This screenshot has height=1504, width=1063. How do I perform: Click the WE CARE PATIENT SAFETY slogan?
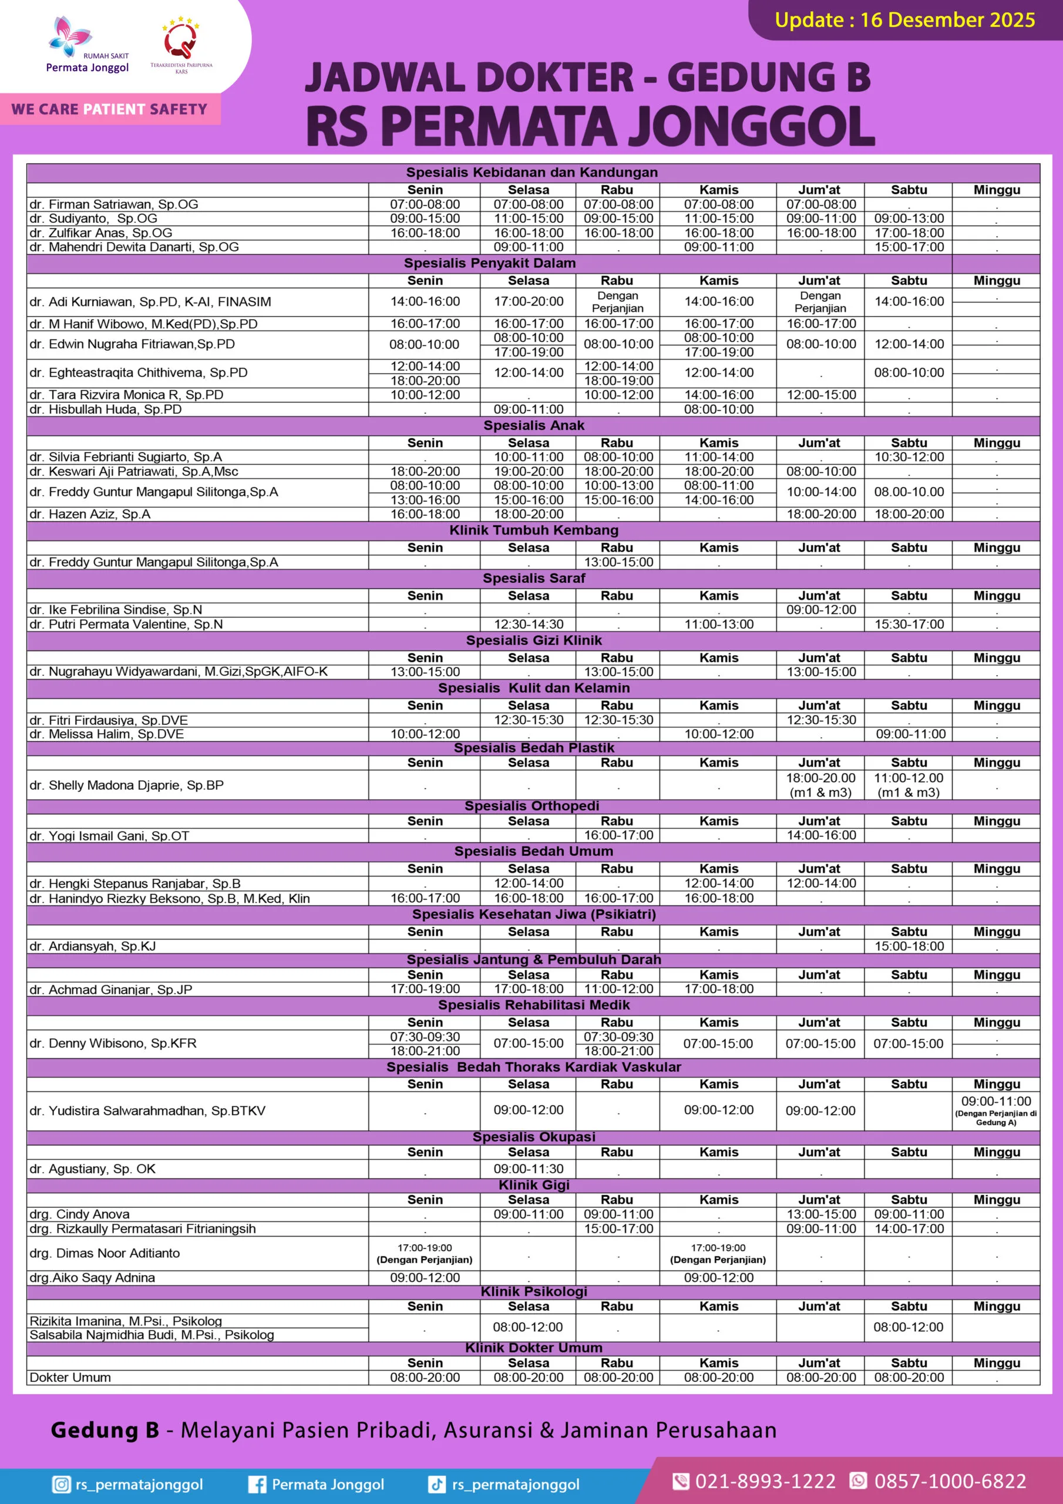point(109,109)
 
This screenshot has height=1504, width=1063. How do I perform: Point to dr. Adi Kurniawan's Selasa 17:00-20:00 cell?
point(528,301)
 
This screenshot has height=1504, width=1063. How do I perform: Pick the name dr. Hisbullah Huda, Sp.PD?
point(106,409)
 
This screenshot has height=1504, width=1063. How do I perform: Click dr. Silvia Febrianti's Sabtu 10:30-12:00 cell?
point(909,457)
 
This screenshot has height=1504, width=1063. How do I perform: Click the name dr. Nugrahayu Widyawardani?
point(178,672)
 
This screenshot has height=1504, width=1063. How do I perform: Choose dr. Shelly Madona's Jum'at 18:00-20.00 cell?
point(820,785)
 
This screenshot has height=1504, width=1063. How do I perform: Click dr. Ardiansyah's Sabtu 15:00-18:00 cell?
point(909,946)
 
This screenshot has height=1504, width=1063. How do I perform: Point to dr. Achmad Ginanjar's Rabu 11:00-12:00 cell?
point(618,989)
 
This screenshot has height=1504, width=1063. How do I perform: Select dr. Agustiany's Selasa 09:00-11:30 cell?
point(528,1169)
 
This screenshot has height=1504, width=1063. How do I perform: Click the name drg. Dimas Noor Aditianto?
point(104,1253)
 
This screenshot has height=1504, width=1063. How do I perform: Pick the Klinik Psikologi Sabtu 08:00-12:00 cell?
point(909,1327)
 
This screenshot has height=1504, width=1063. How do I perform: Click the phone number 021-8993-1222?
point(764,1481)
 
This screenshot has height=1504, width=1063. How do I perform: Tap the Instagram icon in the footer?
point(61,1485)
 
